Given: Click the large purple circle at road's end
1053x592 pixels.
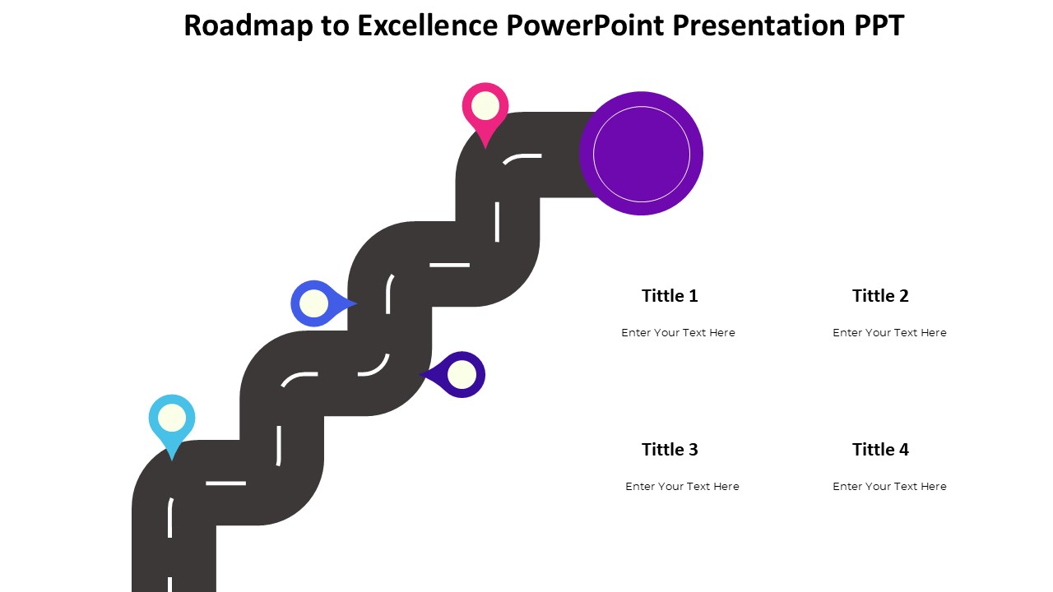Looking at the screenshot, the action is click(x=641, y=154).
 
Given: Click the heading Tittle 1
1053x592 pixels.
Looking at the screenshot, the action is click(x=670, y=296).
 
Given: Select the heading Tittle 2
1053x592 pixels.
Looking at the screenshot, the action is click(x=880, y=296).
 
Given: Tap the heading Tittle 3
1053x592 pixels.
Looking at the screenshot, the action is click(x=670, y=450).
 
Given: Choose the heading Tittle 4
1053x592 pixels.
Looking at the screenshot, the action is click(x=880, y=450).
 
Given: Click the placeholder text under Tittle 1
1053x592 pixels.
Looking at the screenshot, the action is click(x=678, y=333).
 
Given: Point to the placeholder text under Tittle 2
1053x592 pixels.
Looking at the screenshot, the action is click(x=889, y=333).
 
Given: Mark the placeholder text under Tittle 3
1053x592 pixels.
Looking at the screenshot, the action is click(x=682, y=486).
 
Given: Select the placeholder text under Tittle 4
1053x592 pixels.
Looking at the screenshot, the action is click(x=889, y=486).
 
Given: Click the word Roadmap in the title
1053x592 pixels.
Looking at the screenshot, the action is click(x=248, y=25).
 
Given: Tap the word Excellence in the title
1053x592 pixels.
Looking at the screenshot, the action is click(x=427, y=25).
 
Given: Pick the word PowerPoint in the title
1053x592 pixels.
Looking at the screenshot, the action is click(x=585, y=25).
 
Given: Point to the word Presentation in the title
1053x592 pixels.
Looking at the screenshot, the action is click(x=758, y=25).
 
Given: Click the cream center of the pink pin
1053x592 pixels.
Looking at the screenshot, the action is click(x=485, y=106).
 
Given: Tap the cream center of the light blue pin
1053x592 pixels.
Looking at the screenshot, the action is click(x=172, y=418).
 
